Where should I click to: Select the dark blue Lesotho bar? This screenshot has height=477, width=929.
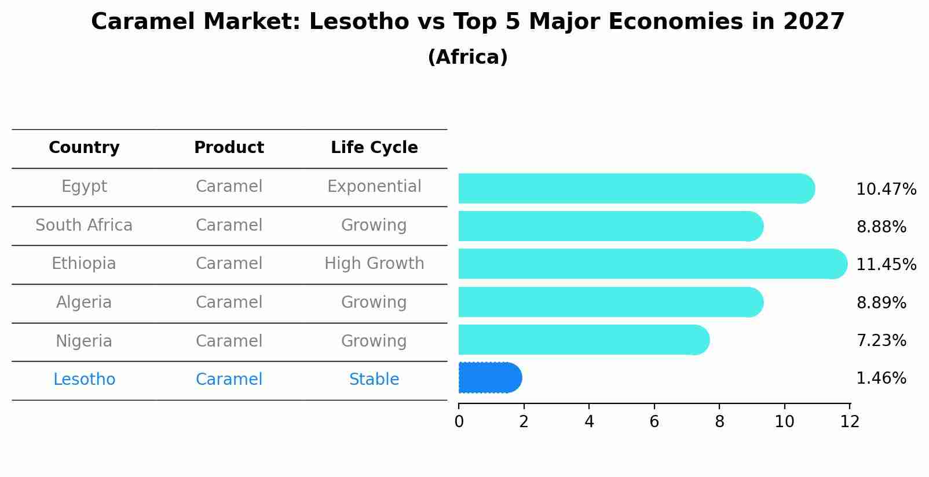pyautogui.click(x=490, y=378)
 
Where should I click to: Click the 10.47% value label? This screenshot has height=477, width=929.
pyautogui.click(x=886, y=190)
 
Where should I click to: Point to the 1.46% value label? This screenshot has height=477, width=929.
pyautogui.click(x=880, y=378)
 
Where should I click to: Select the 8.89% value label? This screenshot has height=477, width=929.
pyautogui.click(x=880, y=303)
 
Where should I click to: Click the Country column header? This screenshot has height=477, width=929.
pyautogui.click(x=84, y=148)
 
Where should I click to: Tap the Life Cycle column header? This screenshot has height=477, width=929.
pyautogui.click(x=374, y=148)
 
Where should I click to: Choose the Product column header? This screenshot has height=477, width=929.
pyautogui.click(x=229, y=148)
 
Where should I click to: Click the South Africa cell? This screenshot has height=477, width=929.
pyautogui.click(x=84, y=225)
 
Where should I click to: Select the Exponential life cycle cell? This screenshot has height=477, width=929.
pyautogui.click(x=374, y=187)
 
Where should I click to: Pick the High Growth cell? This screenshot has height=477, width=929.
pyautogui.click(x=374, y=264)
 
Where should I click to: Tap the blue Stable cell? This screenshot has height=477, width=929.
pyautogui.click(x=374, y=380)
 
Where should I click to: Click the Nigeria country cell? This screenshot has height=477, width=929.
pyautogui.click(x=84, y=341)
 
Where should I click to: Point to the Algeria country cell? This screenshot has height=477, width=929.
pyautogui.click(x=84, y=303)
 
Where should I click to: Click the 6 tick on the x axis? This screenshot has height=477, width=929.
pyautogui.click(x=654, y=422)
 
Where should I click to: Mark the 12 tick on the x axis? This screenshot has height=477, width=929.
pyautogui.click(x=850, y=422)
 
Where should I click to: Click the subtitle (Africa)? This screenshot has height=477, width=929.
pyautogui.click(x=467, y=57)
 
